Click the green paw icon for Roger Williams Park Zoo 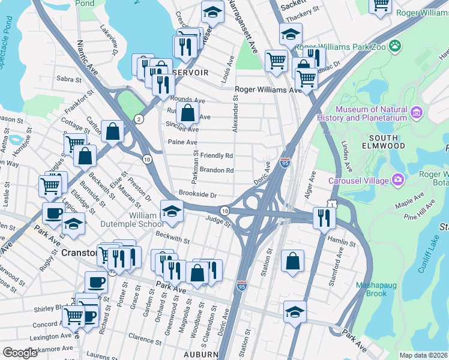(394, 46)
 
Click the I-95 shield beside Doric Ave (285, 162)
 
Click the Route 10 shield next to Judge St (224, 211)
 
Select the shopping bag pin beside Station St (292, 261)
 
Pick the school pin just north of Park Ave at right (295, 312)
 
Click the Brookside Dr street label (197, 194)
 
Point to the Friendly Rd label (216, 155)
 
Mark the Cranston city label (80, 253)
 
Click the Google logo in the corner (20, 352)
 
